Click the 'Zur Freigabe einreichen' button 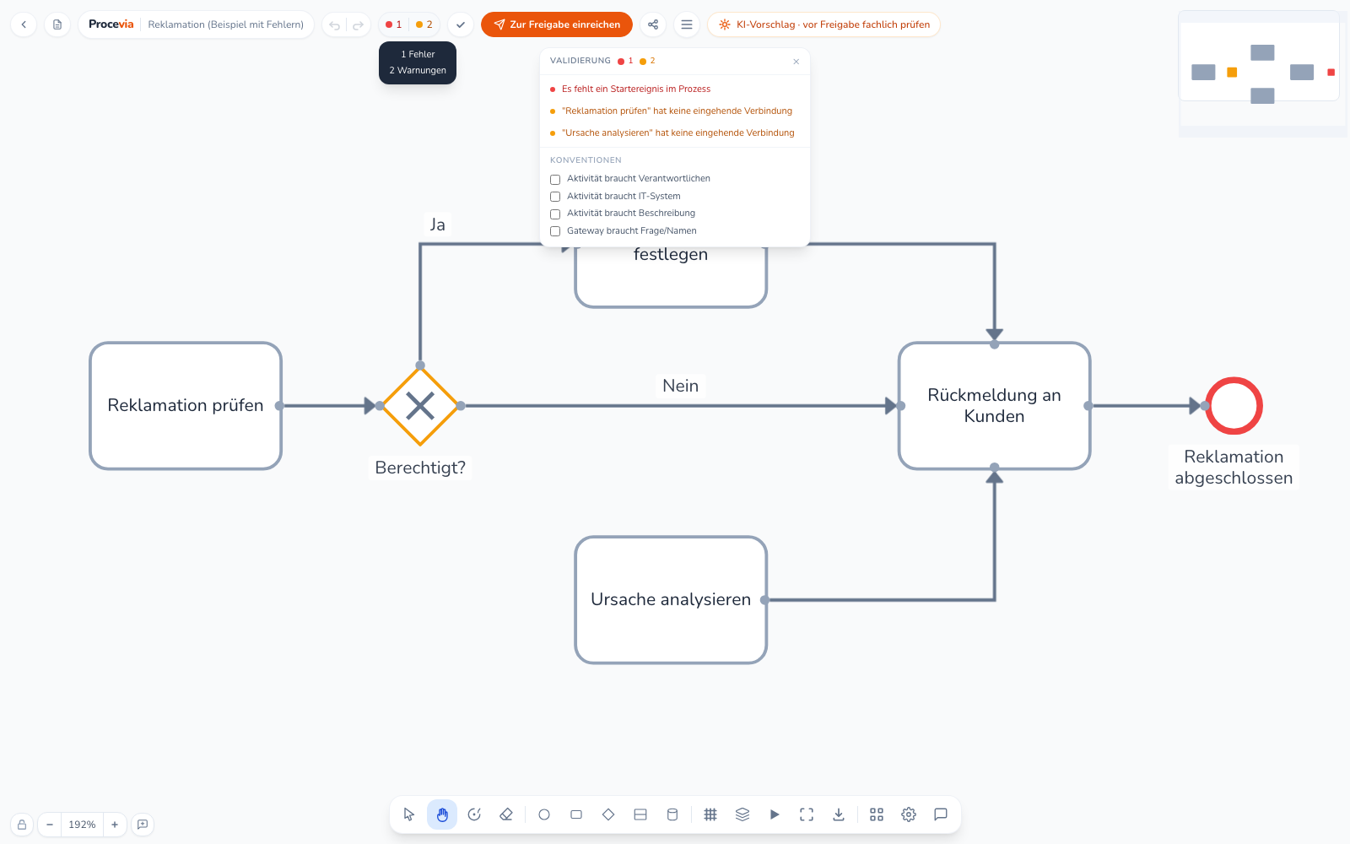click(556, 24)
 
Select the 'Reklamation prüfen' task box click(186, 406)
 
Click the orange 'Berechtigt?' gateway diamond click(420, 406)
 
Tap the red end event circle click(1234, 406)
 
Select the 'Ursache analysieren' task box click(671, 600)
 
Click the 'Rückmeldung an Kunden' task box click(995, 406)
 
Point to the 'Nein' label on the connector click(680, 386)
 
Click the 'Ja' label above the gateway click(438, 225)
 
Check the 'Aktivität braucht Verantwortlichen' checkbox click(555, 179)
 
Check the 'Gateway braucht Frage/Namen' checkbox click(555, 231)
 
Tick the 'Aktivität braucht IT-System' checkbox click(555, 197)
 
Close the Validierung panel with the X click(796, 62)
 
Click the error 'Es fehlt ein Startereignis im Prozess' click(636, 89)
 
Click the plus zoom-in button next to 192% click(115, 824)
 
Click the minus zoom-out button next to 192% click(50, 824)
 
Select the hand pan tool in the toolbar click(442, 815)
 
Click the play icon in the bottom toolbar click(775, 815)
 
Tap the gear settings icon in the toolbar click(909, 815)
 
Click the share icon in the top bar click(653, 24)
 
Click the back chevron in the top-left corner click(24, 24)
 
